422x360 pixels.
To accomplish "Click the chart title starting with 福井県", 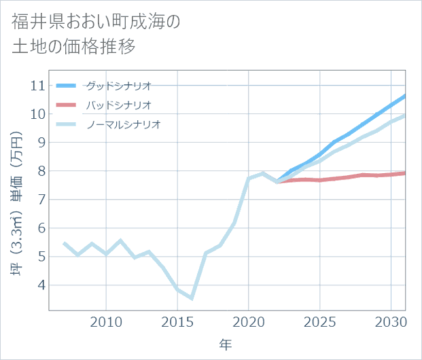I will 95,34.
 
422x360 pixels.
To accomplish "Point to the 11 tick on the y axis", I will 37,86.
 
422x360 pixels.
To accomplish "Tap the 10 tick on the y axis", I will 37,114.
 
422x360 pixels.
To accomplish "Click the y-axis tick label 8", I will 40,171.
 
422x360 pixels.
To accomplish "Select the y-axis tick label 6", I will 40,228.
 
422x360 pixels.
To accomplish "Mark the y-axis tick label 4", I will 40,285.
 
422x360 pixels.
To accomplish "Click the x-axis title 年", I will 226,344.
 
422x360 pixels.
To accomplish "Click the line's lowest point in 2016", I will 192,298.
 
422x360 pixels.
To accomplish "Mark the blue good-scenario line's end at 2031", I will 405,96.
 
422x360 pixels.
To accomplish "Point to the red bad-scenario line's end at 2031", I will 405,173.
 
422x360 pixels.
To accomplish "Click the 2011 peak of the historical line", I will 120,240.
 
